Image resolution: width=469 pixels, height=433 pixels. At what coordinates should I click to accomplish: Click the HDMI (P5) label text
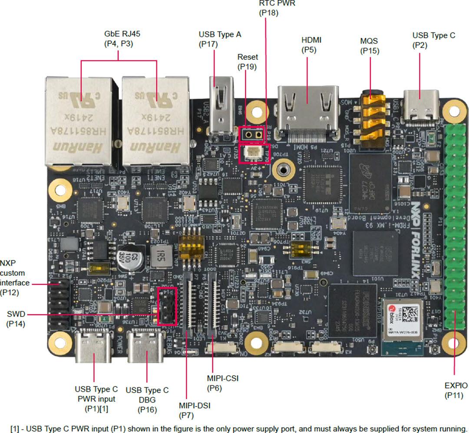point(312,45)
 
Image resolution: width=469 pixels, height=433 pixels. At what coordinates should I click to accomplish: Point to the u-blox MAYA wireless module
point(402,320)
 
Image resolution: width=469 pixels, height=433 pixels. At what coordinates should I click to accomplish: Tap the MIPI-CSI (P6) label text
point(223,383)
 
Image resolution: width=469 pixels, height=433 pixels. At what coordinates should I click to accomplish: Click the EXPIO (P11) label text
point(456,390)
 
